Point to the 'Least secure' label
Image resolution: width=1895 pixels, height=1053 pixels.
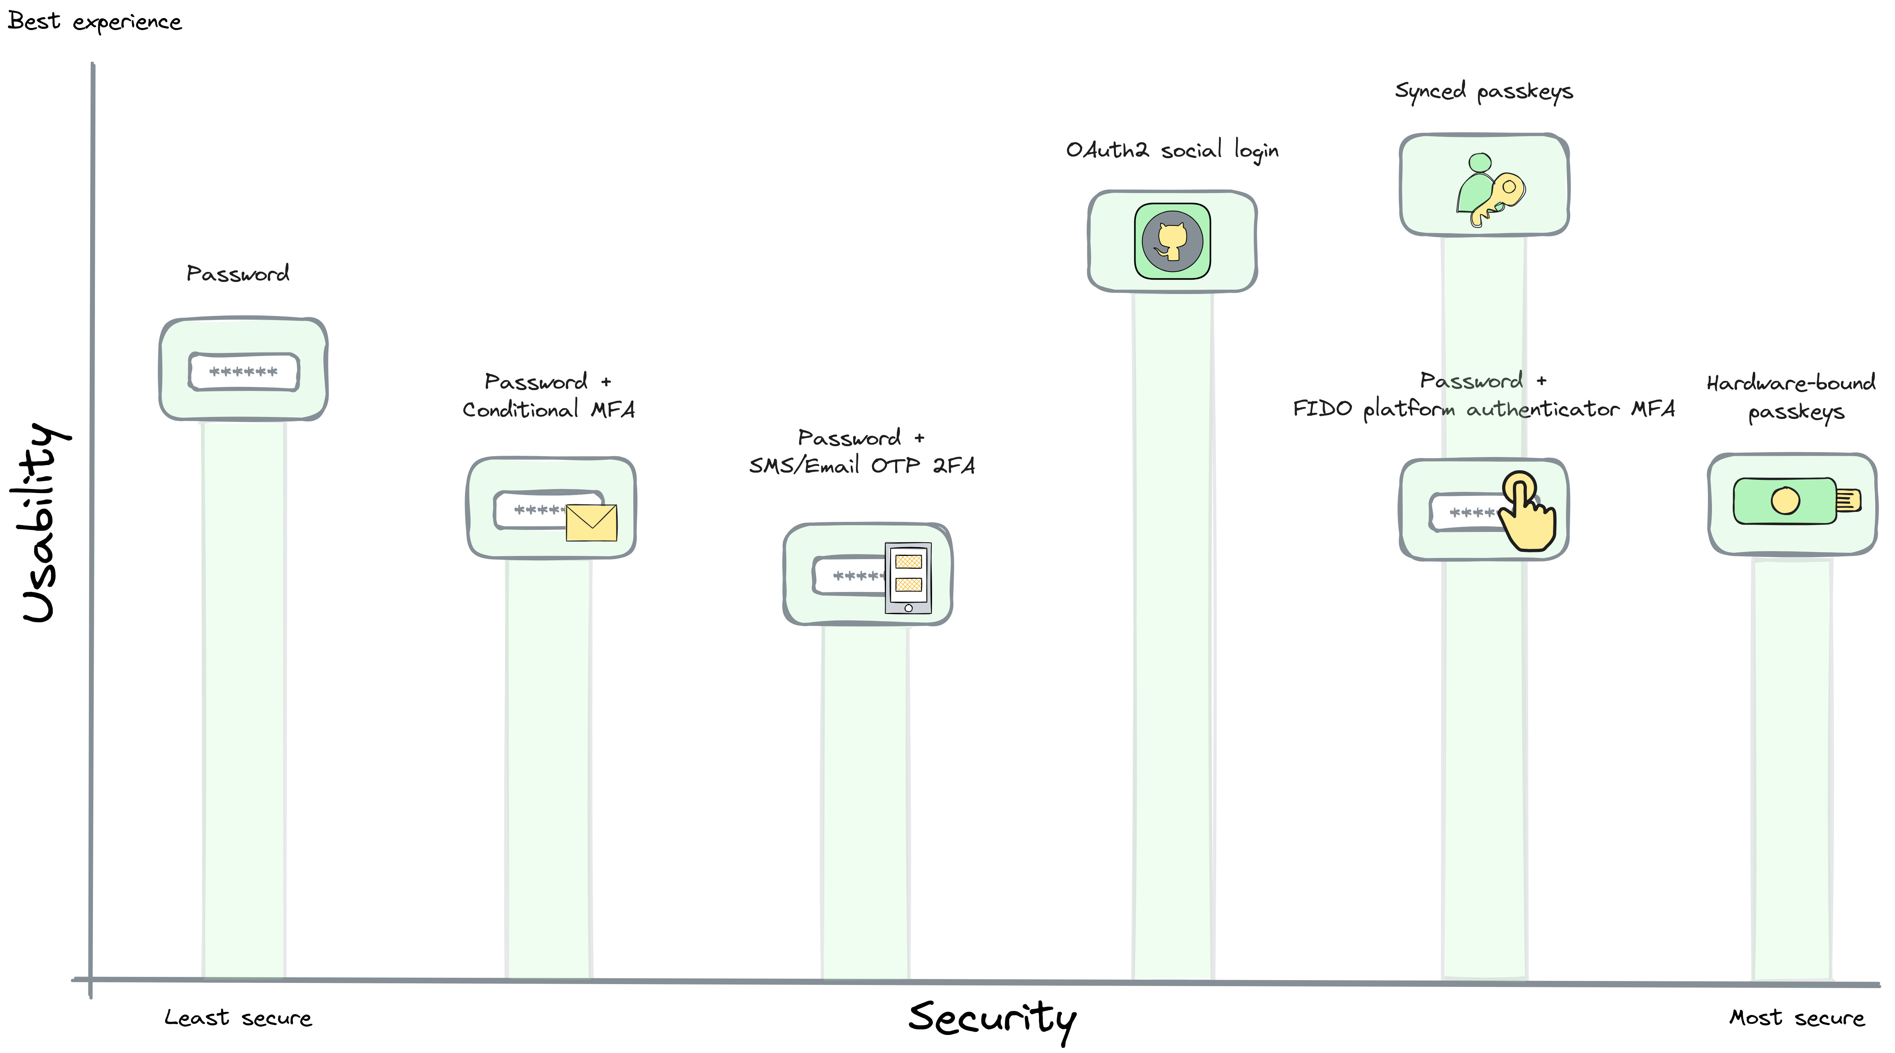point(238,1018)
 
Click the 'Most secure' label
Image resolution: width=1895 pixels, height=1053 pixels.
point(1796,1018)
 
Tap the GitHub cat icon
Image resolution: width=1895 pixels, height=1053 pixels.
point(1172,242)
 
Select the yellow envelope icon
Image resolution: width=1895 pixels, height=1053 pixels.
point(592,522)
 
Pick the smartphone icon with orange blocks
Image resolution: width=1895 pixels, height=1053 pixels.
point(908,578)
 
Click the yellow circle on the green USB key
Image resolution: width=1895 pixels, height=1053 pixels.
point(1785,501)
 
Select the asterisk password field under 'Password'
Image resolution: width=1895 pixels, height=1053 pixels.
point(244,372)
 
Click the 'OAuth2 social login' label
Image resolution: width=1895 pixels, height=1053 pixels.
point(1172,150)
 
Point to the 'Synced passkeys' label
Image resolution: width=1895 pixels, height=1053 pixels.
point(1484,91)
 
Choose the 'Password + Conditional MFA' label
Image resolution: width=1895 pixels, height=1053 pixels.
point(548,396)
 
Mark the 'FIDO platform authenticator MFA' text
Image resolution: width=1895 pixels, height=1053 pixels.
point(1484,409)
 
